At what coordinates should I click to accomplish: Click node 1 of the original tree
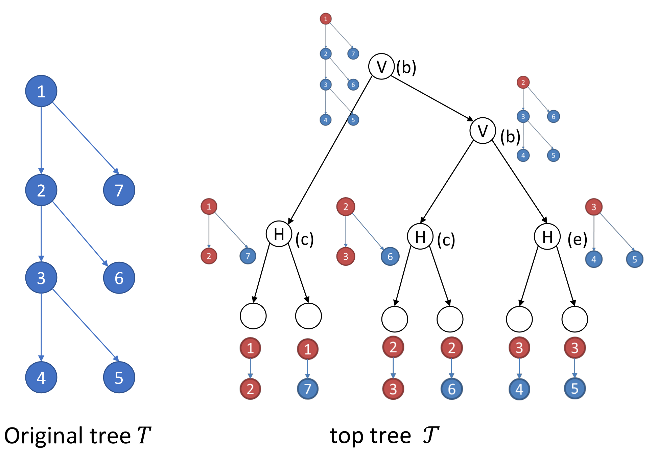pos(41,91)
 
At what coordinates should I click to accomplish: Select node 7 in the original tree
pos(119,190)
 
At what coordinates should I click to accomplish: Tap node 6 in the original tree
pos(119,278)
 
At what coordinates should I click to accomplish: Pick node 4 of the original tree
pos(41,377)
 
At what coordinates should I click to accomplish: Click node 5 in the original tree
pos(119,377)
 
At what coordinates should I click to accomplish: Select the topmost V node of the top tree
pos(381,66)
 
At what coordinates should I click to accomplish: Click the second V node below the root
pos(483,131)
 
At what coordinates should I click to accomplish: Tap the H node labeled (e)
pos(547,236)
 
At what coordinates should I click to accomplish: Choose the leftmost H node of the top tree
pos(279,234)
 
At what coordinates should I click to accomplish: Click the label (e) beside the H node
pos(577,239)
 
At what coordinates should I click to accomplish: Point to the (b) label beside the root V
pos(406,67)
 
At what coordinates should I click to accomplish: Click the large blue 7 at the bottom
pos(307,389)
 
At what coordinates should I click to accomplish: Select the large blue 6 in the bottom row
pos(451,389)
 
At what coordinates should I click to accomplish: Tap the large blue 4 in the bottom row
pos(519,389)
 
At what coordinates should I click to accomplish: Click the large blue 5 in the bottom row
pos(575,389)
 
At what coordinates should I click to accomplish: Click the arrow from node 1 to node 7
pos(85,137)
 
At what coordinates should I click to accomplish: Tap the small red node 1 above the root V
pos(326,19)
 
